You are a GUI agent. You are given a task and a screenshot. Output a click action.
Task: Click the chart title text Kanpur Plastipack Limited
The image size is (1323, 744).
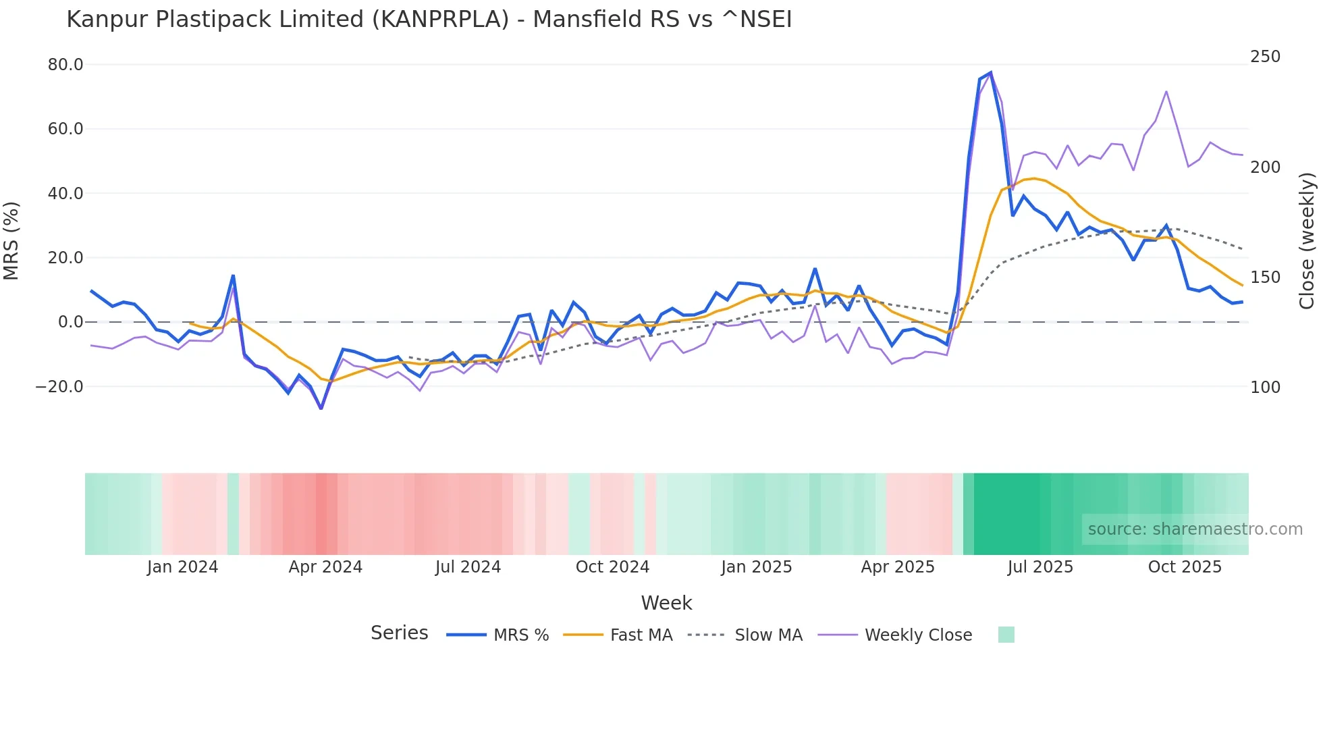429,20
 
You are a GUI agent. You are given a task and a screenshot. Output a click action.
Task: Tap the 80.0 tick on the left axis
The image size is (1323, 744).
65,65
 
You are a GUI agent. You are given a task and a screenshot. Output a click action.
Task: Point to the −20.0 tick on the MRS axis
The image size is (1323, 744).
59,387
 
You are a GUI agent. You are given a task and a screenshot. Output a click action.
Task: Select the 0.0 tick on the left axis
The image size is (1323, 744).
70,322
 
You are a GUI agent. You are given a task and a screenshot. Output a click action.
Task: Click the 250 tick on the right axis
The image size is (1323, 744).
1265,57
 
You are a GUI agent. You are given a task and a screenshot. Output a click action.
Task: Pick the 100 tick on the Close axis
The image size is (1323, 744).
1265,388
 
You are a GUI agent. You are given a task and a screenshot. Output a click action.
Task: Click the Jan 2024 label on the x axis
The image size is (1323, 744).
182,567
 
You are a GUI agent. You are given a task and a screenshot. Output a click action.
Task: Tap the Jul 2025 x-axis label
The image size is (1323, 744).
1040,567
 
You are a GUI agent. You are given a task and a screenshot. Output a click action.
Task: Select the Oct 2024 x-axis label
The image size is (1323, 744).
612,567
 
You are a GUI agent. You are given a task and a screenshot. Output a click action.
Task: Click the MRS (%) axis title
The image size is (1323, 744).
11,240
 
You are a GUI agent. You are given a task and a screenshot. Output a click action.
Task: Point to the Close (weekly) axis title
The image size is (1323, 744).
1307,240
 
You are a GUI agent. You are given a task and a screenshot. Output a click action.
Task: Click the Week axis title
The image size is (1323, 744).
666,603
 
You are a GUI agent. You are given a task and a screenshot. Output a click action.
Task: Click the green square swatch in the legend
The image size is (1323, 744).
1006,635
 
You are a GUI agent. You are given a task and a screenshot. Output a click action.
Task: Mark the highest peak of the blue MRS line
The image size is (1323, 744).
990,72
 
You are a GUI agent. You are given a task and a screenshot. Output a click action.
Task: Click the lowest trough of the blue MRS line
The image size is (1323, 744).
321,408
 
